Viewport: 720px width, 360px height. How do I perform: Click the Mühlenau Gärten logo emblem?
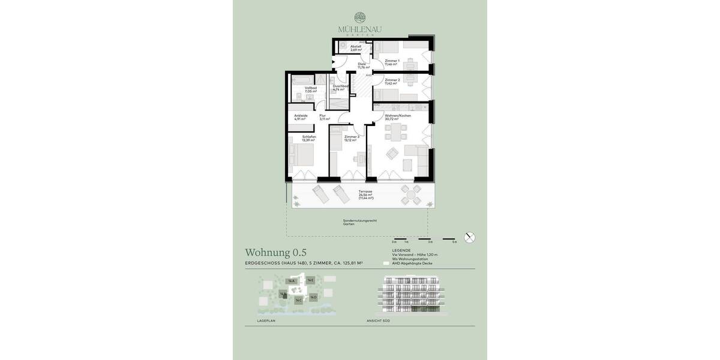click(360, 18)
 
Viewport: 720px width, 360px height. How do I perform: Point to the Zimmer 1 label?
click(392, 62)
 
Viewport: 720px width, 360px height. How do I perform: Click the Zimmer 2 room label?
click(392, 81)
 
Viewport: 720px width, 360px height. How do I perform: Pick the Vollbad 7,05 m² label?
click(310, 89)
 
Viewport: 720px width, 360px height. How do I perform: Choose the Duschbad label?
click(340, 88)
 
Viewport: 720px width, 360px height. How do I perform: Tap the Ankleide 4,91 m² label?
click(301, 117)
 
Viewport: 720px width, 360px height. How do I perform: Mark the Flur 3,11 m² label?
click(324, 117)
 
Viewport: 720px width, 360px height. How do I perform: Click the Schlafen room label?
click(308, 138)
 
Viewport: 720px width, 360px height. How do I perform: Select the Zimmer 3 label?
click(351, 138)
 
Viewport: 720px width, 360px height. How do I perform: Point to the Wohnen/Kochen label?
click(397, 117)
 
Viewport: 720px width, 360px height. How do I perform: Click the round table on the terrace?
click(412, 194)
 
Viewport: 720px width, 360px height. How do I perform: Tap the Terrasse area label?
click(365, 194)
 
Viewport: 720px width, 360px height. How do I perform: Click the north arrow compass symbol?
click(470, 238)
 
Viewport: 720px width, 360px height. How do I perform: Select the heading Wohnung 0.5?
click(275, 253)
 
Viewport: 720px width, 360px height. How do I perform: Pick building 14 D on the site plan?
click(313, 296)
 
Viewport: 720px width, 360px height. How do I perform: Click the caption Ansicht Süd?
click(378, 321)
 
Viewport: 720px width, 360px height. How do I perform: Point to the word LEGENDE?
click(401, 250)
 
